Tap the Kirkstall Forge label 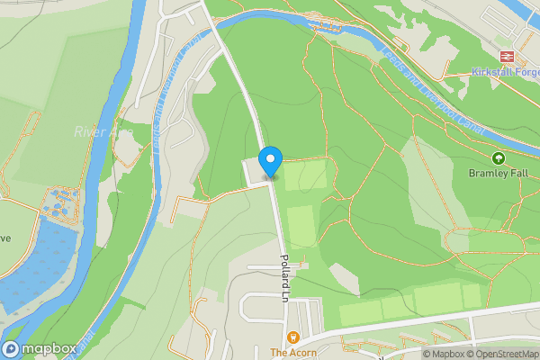505,71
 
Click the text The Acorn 292,353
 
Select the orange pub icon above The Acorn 292,337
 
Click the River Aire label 103,132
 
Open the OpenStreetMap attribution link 506,354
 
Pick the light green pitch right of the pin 305,175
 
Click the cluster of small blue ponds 59,202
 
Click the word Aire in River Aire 121,132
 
